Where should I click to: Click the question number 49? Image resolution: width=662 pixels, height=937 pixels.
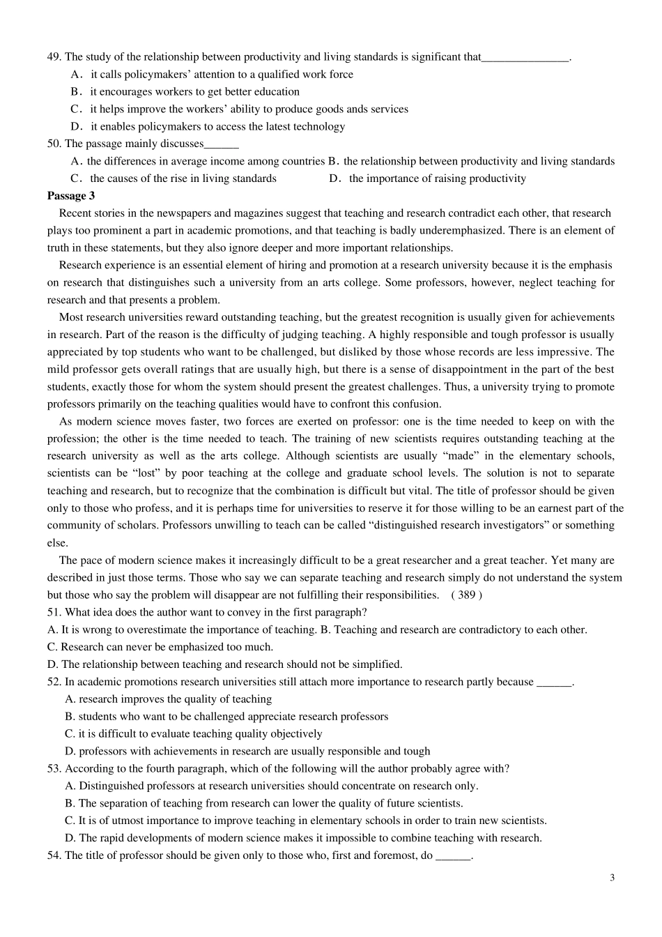54,57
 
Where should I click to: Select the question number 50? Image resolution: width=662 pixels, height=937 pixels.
54,144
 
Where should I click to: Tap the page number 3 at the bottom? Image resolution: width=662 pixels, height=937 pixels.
612,878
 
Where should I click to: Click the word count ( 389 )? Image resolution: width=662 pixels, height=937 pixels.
466,595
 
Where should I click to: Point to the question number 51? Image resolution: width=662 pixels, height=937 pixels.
54,612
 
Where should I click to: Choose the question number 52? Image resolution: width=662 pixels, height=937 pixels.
54,682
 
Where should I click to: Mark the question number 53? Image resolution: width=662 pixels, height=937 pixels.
54,768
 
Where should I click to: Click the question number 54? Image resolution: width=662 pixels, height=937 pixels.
54,855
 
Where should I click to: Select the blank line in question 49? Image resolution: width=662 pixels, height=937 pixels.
525,59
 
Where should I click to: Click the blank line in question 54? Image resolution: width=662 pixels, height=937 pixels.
453,857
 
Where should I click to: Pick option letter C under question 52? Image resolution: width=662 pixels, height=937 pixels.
70,733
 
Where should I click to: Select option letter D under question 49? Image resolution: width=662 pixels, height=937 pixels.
77,127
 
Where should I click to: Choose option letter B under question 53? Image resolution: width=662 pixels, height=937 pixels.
70,803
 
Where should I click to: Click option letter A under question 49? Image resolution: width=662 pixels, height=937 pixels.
77,75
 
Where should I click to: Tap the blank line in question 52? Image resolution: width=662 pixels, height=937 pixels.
554,683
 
